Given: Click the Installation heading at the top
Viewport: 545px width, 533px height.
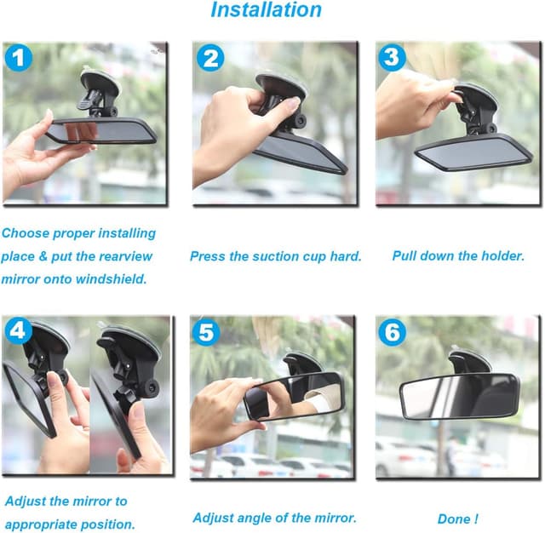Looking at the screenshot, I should pyautogui.click(x=266, y=11).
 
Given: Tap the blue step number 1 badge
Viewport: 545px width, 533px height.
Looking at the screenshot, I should pyautogui.click(x=19, y=58).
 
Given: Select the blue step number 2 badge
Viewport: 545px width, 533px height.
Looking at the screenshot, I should pyautogui.click(x=209, y=58).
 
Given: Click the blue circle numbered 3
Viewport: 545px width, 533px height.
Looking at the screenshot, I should pyautogui.click(x=393, y=58).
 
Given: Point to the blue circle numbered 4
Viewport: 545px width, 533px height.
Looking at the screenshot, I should pyautogui.click(x=19, y=330).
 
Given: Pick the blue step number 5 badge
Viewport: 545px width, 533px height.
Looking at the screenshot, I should pyautogui.click(x=205, y=331).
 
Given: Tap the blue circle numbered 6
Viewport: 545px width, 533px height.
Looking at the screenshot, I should pyautogui.click(x=392, y=332).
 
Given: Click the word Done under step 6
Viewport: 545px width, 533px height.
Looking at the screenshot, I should pyautogui.click(x=453, y=519).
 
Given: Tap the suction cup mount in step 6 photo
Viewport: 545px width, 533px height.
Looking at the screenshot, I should pyautogui.click(x=468, y=359).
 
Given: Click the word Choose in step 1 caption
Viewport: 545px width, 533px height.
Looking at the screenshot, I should pyautogui.click(x=26, y=232).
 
